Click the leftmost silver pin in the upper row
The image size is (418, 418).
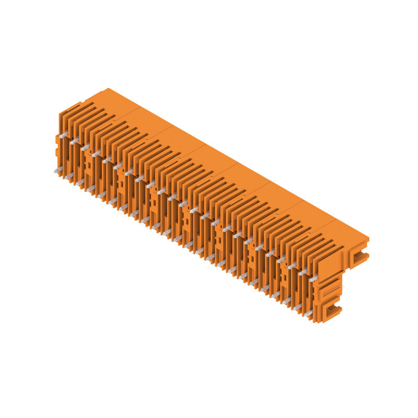click(x=63, y=135)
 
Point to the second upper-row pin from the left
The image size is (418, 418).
click(x=74, y=141)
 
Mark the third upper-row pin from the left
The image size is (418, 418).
click(x=85, y=147)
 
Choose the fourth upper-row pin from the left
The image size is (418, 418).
click(x=96, y=154)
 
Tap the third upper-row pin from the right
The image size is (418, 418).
click(x=292, y=265)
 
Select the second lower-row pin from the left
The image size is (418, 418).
click(x=68, y=177)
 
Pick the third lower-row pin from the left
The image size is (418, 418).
click(x=79, y=182)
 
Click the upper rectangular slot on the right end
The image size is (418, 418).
click(x=358, y=256)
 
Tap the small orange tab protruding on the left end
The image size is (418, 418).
click(x=57, y=140)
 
